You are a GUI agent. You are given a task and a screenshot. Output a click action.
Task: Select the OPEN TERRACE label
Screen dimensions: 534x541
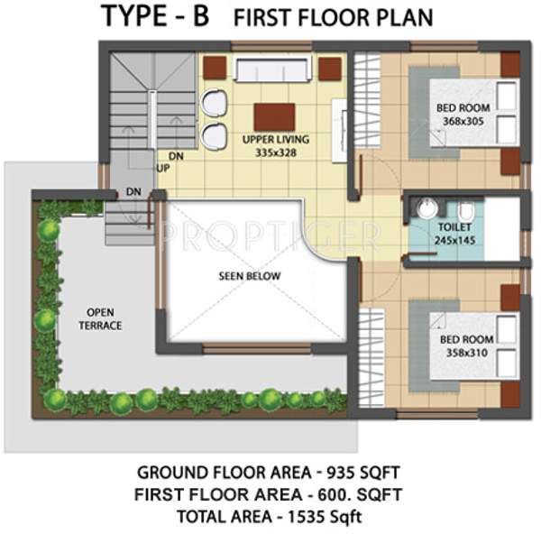point(99,318)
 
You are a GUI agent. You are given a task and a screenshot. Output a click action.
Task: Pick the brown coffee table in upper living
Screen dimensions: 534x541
point(274,116)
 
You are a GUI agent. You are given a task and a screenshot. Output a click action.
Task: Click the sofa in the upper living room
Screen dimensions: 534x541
point(272,69)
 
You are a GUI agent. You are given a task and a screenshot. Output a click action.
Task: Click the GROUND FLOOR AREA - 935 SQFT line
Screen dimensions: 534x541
point(269,473)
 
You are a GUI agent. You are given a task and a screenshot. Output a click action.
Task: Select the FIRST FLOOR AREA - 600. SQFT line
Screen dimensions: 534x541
point(269,494)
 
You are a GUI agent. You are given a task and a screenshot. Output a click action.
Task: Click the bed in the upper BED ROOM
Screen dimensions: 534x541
point(461,114)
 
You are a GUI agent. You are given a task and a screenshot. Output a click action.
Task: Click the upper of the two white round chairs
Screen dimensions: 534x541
point(215,105)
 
